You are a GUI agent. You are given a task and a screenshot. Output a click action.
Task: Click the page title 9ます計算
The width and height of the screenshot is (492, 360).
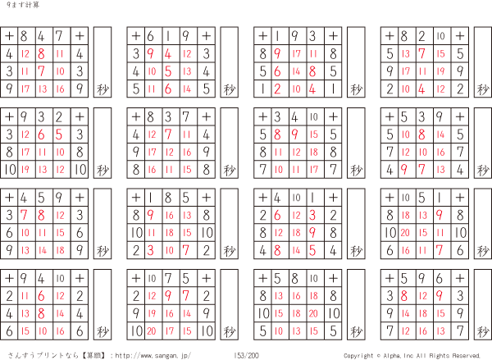(23, 5)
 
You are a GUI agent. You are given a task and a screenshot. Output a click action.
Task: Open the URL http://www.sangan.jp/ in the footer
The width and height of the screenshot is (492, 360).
(153, 356)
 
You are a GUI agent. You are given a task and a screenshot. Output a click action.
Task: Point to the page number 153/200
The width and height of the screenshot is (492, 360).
(246, 356)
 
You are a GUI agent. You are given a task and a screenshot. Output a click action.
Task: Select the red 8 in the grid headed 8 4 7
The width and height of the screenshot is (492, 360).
(42, 53)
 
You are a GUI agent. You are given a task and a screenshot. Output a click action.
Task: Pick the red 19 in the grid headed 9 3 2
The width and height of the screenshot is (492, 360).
(25, 170)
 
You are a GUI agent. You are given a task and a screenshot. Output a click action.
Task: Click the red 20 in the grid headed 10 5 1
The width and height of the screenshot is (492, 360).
(405, 233)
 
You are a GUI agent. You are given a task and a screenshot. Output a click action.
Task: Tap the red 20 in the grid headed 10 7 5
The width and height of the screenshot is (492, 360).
(152, 330)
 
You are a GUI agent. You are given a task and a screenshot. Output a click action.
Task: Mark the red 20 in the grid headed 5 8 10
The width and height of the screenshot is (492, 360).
(313, 313)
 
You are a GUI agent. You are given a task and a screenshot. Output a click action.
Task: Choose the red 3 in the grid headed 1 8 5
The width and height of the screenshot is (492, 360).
(151, 250)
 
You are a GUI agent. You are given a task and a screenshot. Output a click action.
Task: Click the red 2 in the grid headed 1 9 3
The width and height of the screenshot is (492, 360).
(277, 89)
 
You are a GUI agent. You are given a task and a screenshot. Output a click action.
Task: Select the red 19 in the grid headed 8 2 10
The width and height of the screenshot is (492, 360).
(440, 71)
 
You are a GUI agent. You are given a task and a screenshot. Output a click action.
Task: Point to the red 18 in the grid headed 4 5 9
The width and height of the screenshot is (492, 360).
(60, 250)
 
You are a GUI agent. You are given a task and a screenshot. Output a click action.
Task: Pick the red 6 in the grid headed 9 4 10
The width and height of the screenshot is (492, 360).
(42, 296)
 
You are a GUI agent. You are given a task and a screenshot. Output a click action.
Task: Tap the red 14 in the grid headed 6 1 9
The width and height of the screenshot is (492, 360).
(187, 89)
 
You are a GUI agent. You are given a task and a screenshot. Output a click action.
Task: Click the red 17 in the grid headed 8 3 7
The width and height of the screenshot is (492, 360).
(152, 153)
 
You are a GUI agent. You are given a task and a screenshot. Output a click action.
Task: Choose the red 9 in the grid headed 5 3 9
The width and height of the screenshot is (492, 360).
(404, 170)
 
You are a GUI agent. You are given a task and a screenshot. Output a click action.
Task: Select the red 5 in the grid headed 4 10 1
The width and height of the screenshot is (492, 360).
(312, 250)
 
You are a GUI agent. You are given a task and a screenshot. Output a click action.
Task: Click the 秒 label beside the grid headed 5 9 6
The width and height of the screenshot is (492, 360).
(483, 331)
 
